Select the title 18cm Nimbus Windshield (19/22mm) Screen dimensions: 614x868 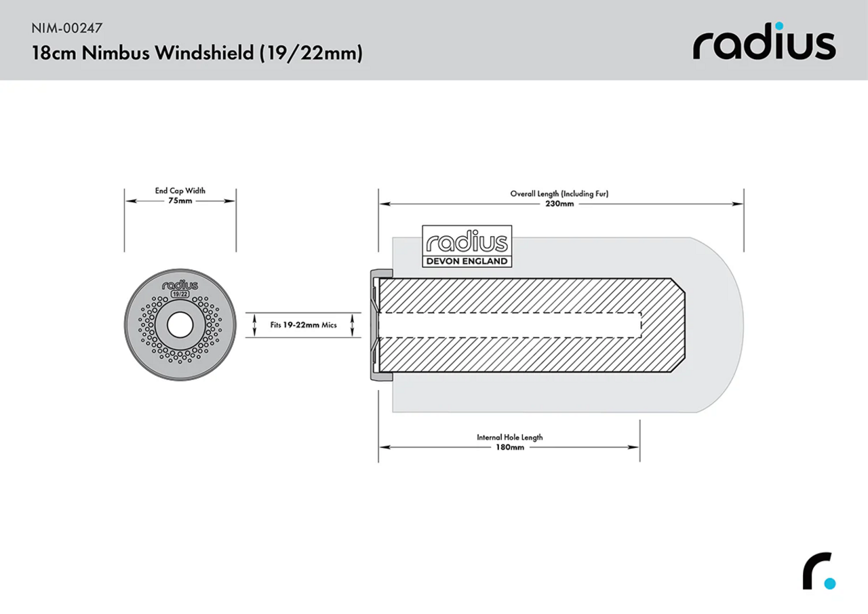[197, 54]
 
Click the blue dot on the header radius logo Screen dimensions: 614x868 [780, 26]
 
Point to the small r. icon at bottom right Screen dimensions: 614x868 [818, 573]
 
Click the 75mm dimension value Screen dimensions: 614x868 [180, 202]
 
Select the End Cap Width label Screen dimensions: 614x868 [180, 191]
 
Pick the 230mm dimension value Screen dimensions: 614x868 [559, 204]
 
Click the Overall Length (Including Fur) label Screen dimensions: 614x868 [559, 193]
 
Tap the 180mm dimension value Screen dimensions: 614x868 [509, 448]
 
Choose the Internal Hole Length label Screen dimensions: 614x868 [509, 438]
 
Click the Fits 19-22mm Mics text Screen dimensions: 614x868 [303, 325]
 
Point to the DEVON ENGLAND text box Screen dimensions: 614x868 [467, 261]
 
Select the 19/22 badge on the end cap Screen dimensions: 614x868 [180, 295]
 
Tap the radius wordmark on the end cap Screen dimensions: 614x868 [180, 286]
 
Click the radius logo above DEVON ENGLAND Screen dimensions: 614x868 [467, 242]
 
